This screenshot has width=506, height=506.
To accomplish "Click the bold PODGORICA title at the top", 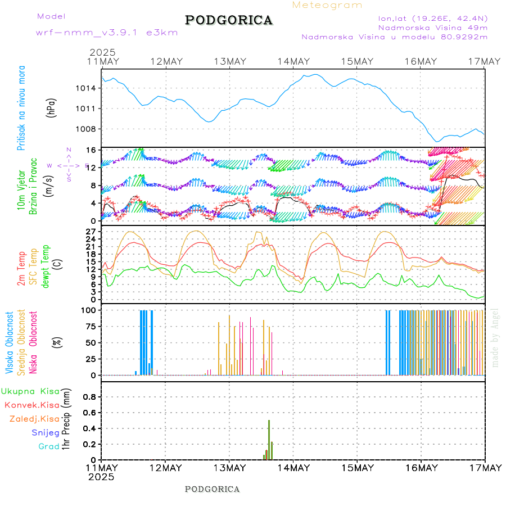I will tap(229, 20).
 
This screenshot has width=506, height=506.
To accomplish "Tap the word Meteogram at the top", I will tap(327, 5).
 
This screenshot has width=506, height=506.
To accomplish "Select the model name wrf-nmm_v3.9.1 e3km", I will tap(107, 33).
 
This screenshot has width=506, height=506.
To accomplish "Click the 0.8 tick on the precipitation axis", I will tap(90, 396).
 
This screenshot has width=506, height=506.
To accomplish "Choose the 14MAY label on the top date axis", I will tap(293, 61).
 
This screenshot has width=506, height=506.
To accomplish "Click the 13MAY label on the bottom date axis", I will tap(229, 468).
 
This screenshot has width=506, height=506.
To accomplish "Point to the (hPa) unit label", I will tap(52, 108).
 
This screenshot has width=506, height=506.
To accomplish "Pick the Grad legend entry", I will tap(48, 446).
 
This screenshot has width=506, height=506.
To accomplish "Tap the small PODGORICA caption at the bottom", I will tap(213, 489).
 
